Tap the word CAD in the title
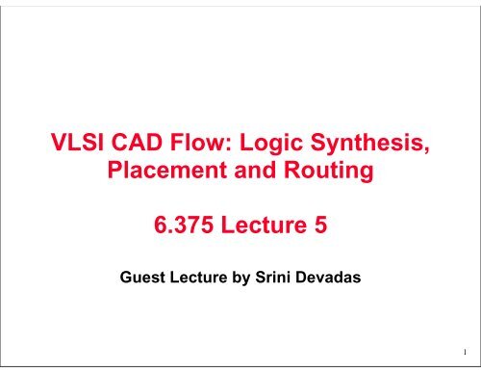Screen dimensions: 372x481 [x=141, y=147]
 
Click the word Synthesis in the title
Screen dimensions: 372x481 [x=369, y=147]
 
